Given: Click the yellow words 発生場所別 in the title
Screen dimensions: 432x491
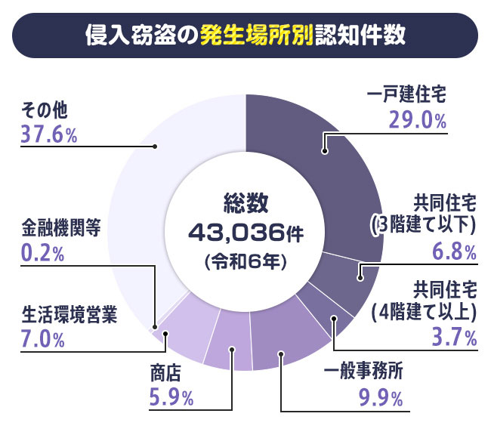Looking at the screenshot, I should click(257, 35).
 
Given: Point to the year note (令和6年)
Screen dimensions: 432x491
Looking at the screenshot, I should click(246, 259).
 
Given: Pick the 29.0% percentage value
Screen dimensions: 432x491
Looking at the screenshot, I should click(418, 119).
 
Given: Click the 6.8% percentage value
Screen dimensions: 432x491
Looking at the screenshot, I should click(454, 250).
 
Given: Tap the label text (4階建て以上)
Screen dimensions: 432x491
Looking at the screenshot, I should click(424, 310).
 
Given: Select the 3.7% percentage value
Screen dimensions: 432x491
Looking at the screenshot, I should click(454, 337).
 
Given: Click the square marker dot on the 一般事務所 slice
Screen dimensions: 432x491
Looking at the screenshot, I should click(280, 353).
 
